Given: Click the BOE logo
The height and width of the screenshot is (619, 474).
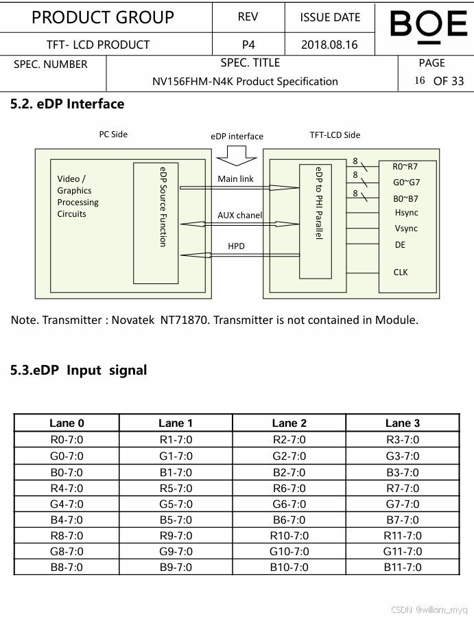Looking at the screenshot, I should click(428, 25).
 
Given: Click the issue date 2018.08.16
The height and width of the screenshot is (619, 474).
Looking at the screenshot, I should click(329, 45).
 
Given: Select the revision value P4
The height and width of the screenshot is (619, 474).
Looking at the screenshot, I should click(248, 45).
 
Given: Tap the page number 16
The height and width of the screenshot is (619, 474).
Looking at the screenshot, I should click(420, 80).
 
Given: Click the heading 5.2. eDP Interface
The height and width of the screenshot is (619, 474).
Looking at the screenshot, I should click(67, 104).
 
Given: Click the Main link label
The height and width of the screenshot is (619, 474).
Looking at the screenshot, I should click(235, 179).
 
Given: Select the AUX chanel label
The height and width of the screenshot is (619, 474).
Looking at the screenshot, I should click(239, 215).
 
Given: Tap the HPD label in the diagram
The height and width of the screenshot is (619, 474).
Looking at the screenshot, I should click(236, 246).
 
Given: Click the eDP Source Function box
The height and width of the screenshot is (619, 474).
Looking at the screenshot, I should click(156, 223).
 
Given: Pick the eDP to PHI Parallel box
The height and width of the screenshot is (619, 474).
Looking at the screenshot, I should click(316, 221).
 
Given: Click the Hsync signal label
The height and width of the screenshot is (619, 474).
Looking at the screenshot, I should click(406, 213).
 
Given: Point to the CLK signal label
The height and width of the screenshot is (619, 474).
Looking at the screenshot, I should click(401, 272).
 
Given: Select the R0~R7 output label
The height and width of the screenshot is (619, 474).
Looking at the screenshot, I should click(405, 167).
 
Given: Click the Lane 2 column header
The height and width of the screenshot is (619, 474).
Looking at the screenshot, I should click(289, 423).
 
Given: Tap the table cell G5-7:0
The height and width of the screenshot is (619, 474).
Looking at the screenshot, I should click(176, 504).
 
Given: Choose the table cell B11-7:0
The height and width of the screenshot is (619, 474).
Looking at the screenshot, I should click(402, 568).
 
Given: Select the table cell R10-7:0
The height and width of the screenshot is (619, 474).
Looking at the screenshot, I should click(289, 536).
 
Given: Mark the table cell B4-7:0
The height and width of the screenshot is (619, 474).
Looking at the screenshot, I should click(67, 520).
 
